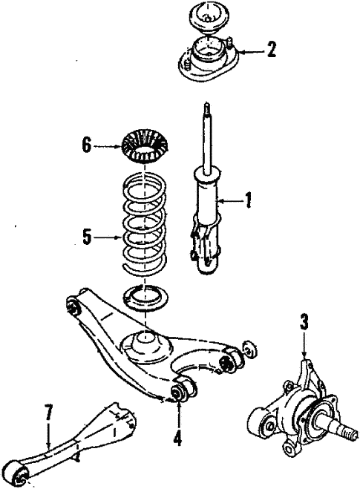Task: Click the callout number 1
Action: pyautogui.click(x=249, y=200)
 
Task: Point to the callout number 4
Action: pyautogui.click(x=177, y=438)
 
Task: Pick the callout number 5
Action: pyautogui.click(x=88, y=237)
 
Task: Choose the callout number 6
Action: pyautogui.click(x=87, y=145)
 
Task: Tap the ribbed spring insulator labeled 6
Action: pyautogui.click(x=143, y=146)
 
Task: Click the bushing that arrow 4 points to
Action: pyautogui.click(x=180, y=390)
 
